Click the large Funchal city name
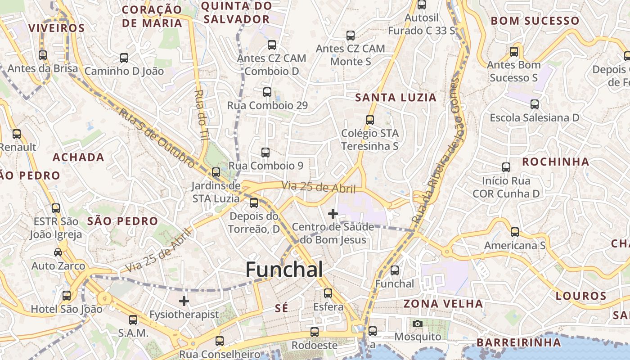click(284, 270)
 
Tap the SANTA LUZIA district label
click(396, 98)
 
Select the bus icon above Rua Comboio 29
click(267, 92)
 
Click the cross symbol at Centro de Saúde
click(333, 214)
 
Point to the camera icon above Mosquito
click(418, 324)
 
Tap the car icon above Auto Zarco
click(58, 252)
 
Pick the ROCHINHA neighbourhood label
click(556, 162)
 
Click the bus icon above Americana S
click(515, 232)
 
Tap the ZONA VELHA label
click(443, 304)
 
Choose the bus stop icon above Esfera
click(328, 293)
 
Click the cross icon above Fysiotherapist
click(184, 301)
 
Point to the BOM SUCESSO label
click(535, 21)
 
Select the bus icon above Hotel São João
click(67, 296)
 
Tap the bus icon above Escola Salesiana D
click(535, 104)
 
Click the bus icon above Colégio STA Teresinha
click(370, 120)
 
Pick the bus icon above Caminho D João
click(124, 58)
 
